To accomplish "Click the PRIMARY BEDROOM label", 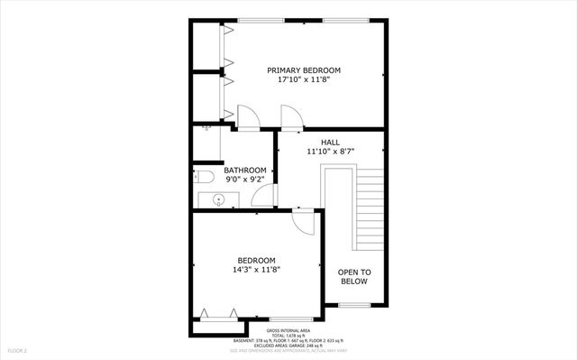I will pyautogui.click(x=304, y=69).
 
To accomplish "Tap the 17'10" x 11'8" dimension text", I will pyautogui.click(x=304, y=79).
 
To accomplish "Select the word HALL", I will pyautogui.click(x=330, y=142).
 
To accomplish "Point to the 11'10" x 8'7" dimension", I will pyautogui.click(x=330, y=152).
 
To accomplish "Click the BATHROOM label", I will pyautogui.click(x=245, y=170).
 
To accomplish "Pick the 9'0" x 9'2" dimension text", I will pyautogui.click(x=245, y=180).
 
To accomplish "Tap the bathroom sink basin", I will pyautogui.click(x=217, y=200).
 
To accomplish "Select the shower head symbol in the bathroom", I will pyautogui.click(x=206, y=128).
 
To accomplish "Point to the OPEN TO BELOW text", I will pyautogui.click(x=354, y=276).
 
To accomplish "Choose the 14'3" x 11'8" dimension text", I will pyautogui.click(x=256, y=269).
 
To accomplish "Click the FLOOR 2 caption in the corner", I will pyautogui.click(x=18, y=349).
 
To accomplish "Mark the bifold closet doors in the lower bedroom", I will pyautogui.click(x=221, y=314).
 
